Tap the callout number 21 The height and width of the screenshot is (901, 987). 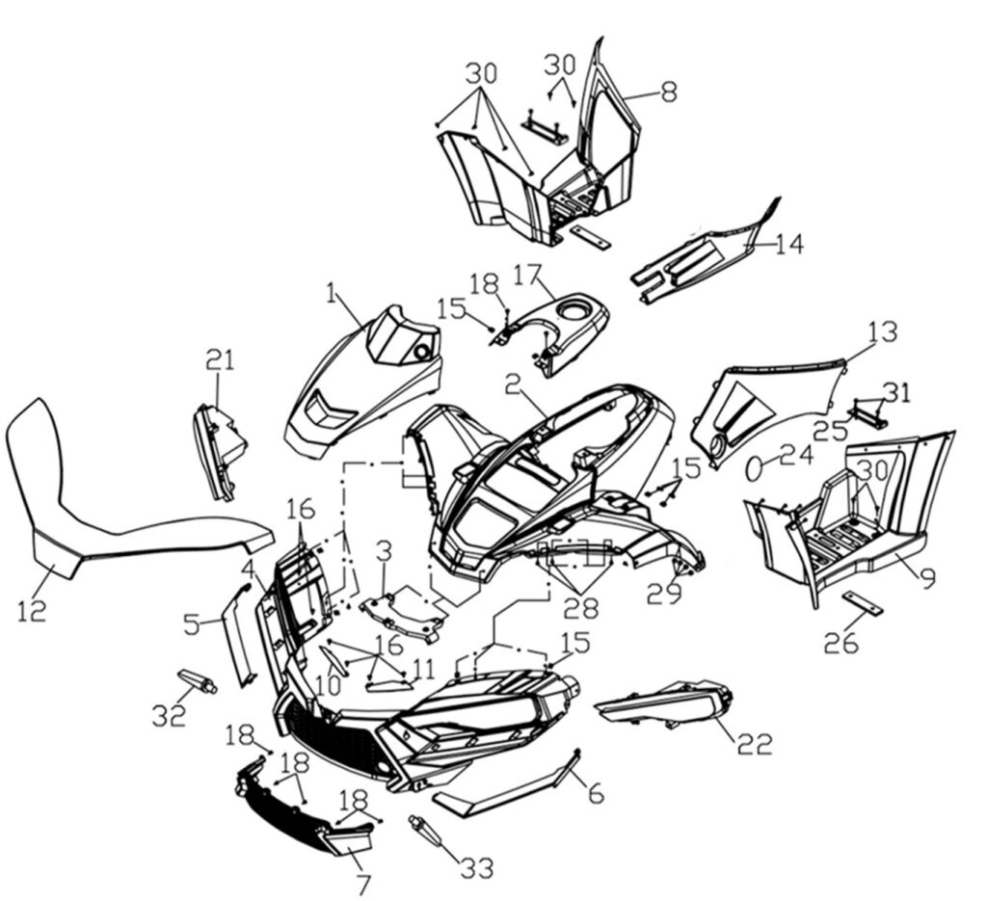[220, 359]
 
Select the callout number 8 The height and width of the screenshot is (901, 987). [668, 92]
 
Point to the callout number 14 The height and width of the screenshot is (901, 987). [787, 244]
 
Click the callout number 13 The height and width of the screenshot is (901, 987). [881, 332]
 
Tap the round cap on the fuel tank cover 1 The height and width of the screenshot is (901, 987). [420, 354]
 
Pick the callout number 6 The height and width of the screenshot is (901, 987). [596, 793]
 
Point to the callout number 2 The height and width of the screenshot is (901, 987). [514, 385]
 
